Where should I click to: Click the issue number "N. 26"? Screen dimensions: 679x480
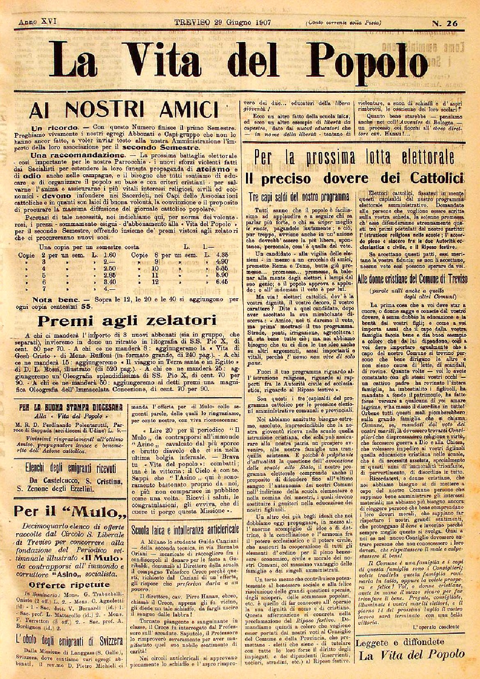pyautogui.click(x=445, y=23)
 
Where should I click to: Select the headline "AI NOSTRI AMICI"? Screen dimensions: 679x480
pyautogui.click(x=123, y=110)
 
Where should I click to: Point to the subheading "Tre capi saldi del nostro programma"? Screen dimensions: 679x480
pyautogui.click(x=299, y=197)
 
